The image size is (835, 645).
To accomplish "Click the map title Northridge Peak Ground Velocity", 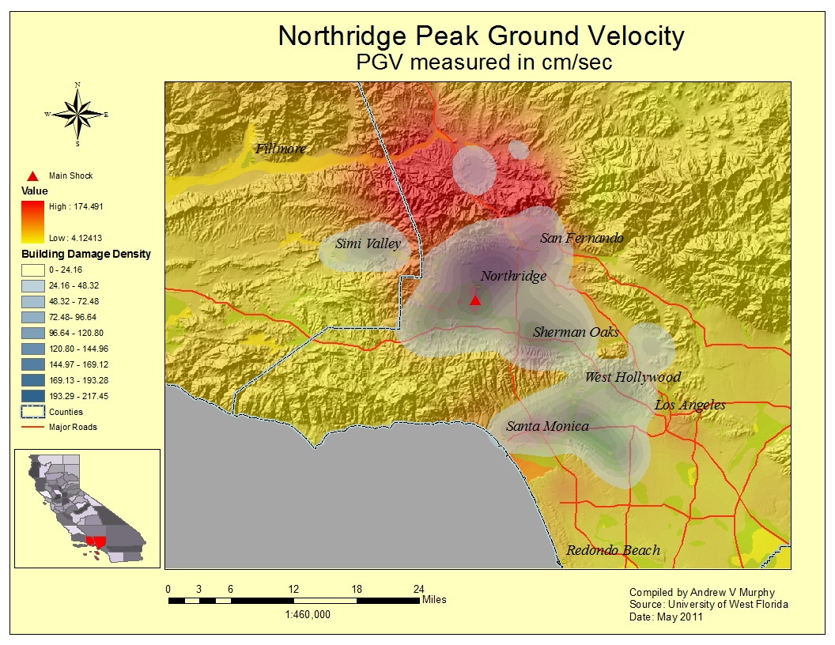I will tap(481, 36).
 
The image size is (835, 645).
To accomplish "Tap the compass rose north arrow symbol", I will tap(77, 115).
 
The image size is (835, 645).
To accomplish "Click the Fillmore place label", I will tap(280, 149).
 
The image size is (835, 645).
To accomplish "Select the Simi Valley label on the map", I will tap(368, 243).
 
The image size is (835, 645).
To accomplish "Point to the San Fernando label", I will tap(582, 238).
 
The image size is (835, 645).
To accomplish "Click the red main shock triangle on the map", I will tap(475, 300).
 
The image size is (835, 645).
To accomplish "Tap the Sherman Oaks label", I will tap(576, 332).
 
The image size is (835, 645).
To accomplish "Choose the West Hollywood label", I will tap(632, 377).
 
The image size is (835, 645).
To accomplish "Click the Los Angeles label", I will tap(690, 405).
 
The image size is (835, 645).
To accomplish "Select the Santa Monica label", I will tap(547, 426).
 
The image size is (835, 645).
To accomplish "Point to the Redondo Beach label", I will tap(613, 550).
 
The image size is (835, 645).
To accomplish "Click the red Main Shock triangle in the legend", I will tap(32, 175).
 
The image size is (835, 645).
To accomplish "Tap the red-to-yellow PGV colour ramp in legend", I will tap(32, 221).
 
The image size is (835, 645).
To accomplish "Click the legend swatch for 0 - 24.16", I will tap(32, 270).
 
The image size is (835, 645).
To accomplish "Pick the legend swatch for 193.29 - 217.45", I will tap(32, 396).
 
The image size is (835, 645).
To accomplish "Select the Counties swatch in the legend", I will tap(32, 412).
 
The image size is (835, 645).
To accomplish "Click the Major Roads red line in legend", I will tap(32, 428).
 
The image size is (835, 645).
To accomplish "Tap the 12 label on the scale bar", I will tap(293, 589).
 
